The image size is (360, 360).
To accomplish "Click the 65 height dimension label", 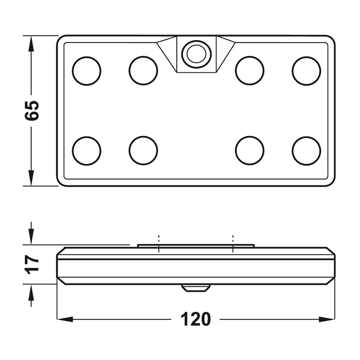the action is [31, 110].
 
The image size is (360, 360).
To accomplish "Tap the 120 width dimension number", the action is [196, 319].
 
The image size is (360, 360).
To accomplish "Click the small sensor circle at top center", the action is [196, 54].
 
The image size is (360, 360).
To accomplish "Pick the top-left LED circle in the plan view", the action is [86, 71].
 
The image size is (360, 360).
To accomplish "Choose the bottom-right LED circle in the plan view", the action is [306, 151].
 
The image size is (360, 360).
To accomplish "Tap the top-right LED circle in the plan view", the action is [306, 71].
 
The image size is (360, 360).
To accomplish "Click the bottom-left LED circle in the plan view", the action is [86, 151].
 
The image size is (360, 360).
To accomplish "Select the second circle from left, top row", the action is [143, 71].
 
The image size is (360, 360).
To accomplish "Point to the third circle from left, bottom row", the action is [250, 151].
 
